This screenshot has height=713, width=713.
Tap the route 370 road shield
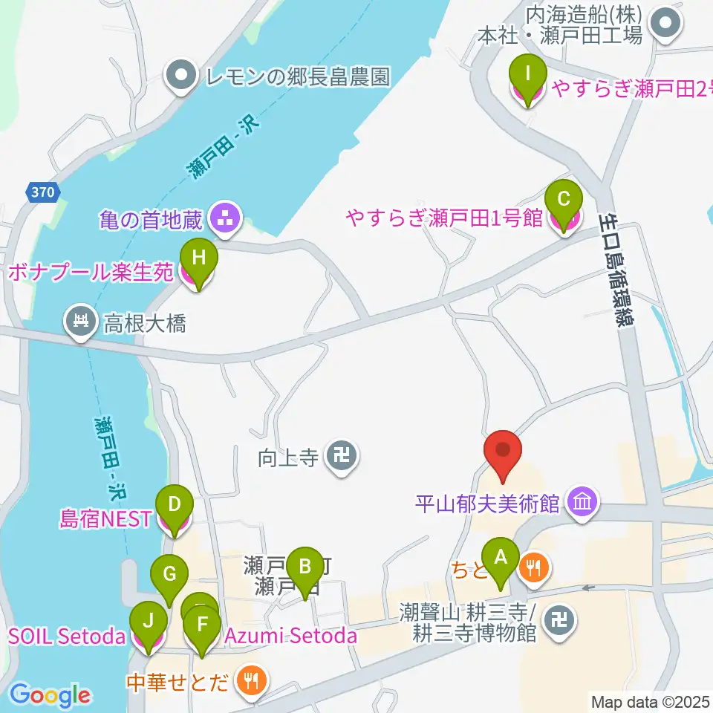click(42, 192)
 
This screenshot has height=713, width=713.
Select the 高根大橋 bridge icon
click(79, 322)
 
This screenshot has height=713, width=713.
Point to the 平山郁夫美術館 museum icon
click(581, 504)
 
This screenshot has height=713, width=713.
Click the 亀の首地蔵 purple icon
click(222, 218)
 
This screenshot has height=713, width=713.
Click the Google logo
click(51, 695)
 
